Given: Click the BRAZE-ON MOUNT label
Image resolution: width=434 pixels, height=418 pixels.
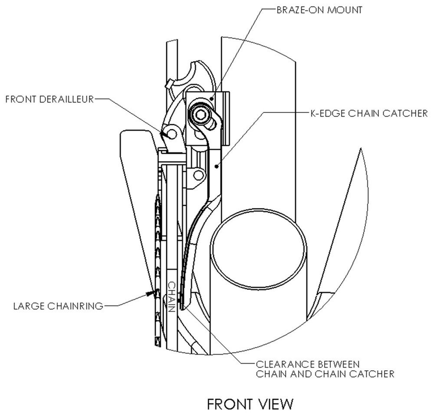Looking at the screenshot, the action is click(x=319, y=10).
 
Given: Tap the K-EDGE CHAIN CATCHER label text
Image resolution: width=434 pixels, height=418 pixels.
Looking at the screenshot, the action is click(x=369, y=113).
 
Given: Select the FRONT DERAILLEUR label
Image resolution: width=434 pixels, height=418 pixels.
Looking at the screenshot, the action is click(x=50, y=99).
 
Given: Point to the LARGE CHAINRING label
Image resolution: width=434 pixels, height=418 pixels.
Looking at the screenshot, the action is click(x=59, y=306).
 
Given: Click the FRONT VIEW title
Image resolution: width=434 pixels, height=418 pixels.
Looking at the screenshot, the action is click(x=250, y=404).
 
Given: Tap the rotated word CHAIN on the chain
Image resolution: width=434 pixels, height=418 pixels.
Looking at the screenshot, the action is click(x=171, y=297).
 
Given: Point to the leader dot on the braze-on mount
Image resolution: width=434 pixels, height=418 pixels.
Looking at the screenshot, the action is click(x=211, y=99).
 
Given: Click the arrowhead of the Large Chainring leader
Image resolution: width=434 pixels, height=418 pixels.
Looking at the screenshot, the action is click(x=150, y=293).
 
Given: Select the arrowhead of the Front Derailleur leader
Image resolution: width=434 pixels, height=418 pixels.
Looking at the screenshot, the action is click(x=163, y=134).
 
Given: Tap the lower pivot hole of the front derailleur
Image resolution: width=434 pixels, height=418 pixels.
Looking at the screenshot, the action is click(x=198, y=175).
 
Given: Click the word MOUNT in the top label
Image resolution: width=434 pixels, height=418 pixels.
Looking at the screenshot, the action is click(x=345, y=10).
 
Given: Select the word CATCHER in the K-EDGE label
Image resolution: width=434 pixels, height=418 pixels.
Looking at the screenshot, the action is click(x=404, y=113).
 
